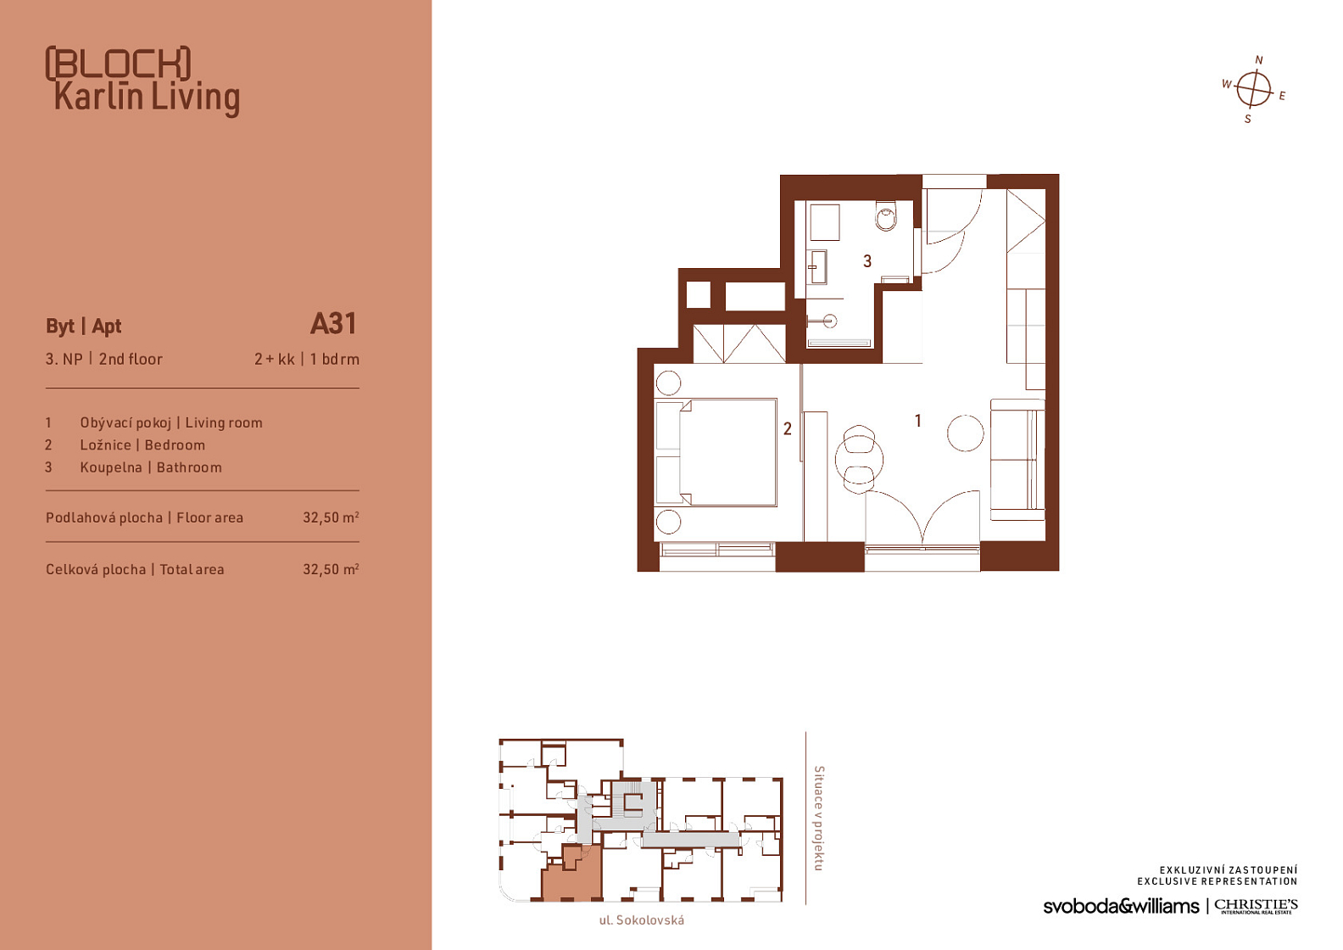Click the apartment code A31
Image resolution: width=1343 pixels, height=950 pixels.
pyautogui.click(x=333, y=324)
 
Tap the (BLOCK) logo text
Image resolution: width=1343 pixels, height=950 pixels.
pyautogui.click(x=119, y=64)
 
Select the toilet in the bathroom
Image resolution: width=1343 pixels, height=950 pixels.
pyautogui.click(x=885, y=215)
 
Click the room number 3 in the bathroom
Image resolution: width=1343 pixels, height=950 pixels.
pyautogui.click(x=867, y=261)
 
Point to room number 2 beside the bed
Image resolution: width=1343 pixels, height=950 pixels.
pyautogui.click(x=787, y=428)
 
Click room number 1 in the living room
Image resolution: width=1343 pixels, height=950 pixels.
pyautogui.click(x=918, y=421)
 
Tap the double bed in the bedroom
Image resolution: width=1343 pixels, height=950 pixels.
pyautogui.click(x=716, y=452)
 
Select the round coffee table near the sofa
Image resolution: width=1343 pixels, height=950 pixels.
pyautogui.click(x=965, y=433)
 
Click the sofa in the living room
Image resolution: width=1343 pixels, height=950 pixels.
pyautogui.click(x=1017, y=460)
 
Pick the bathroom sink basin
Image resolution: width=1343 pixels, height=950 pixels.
pyautogui.click(x=817, y=267)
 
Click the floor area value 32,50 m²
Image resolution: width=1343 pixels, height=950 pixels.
pyautogui.click(x=331, y=517)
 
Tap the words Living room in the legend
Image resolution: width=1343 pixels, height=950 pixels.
pyautogui.click(x=224, y=422)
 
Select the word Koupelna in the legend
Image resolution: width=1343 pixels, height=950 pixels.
pyautogui.click(x=111, y=468)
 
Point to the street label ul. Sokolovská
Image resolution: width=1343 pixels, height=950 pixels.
pyautogui.click(x=642, y=920)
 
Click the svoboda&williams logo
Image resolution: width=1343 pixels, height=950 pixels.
pyautogui.click(x=1121, y=906)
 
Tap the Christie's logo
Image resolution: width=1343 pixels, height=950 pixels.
pyautogui.click(x=1256, y=906)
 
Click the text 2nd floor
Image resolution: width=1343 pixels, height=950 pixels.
pyautogui.click(x=131, y=360)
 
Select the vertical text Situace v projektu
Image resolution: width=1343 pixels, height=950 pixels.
pyautogui.click(x=819, y=818)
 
